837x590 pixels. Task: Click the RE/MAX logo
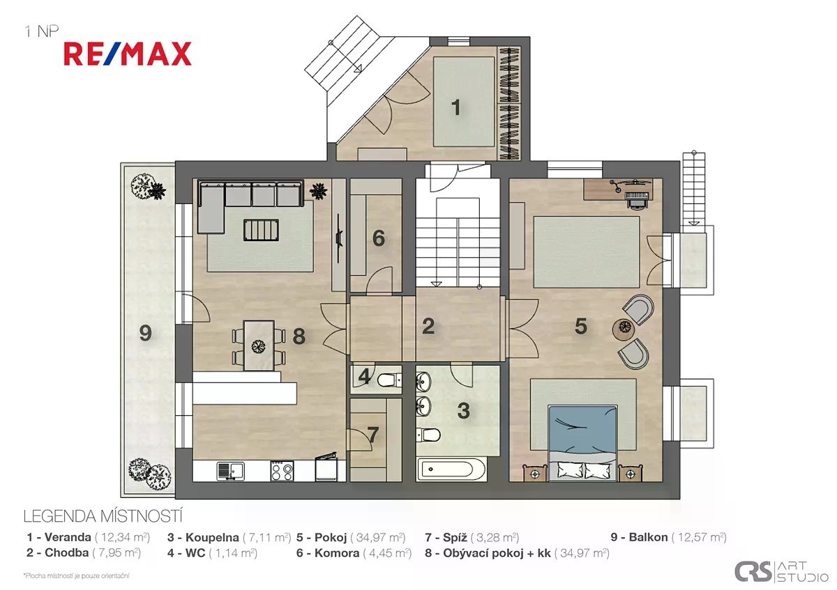pyautogui.click(x=128, y=54)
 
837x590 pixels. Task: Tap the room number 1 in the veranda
pyautogui.click(x=455, y=107)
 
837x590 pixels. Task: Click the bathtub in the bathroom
pyautogui.click(x=451, y=469)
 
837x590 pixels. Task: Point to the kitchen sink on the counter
pyautogui.click(x=231, y=471)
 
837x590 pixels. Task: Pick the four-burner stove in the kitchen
pyautogui.click(x=282, y=471)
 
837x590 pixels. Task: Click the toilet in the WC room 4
pyautogui.click(x=389, y=380)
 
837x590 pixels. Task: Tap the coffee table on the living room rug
pyautogui.click(x=261, y=230)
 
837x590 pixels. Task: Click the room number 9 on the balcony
pyautogui.click(x=145, y=332)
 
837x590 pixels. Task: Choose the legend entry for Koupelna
pyautogui.click(x=229, y=537)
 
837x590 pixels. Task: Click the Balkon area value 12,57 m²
pyautogui.click(x=699, y=537)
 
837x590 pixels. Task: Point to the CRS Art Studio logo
pyautogui.click(x=781, y=571)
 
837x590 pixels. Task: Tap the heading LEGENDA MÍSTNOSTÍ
pyautogui.click(x=103, y=516)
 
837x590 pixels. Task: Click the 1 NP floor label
pyautogui.click(x=41, y=31)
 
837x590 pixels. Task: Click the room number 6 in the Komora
pyautogui.click(x=379, y=238)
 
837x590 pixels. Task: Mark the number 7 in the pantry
pyautogui.click(x=373, y=435)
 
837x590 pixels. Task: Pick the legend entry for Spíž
pyautogui.click(x=472, y=537)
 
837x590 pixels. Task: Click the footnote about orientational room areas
pyautogui.click(x=77, y=576)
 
